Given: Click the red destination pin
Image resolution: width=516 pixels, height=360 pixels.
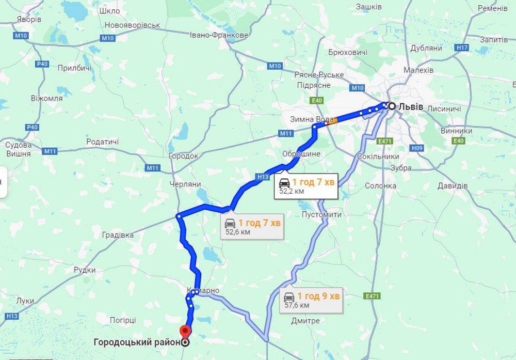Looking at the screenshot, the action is [185, 332].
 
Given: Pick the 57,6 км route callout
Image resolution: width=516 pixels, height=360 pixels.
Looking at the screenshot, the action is [312, 300].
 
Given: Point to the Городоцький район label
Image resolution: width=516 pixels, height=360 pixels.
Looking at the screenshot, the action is [137, 342].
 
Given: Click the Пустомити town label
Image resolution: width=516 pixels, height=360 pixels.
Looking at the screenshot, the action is [321, 214].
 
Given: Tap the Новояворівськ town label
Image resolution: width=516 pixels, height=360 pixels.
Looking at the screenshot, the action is [132, 25].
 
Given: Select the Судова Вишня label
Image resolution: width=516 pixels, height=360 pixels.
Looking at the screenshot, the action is [18, 149].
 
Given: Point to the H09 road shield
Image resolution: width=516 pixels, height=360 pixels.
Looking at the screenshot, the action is [417, 148].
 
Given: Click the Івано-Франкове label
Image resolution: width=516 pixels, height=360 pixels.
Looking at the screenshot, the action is [219, 35].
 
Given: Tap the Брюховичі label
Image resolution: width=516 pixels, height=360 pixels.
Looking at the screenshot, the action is [348, 52].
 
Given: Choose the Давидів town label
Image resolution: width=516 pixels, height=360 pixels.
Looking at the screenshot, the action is [452, 185].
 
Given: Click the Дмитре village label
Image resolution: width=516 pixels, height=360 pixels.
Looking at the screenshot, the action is [305, 321].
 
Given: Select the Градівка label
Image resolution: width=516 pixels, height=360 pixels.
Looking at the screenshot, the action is [118, 235].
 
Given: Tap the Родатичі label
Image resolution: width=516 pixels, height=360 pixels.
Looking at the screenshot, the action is [102, 142].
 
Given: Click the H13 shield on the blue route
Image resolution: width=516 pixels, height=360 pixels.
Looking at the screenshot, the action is [263, 177].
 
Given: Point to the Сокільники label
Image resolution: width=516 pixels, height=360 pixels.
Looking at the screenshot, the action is [378, 156].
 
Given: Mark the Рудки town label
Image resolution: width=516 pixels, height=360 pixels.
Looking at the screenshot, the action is [85, 270].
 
